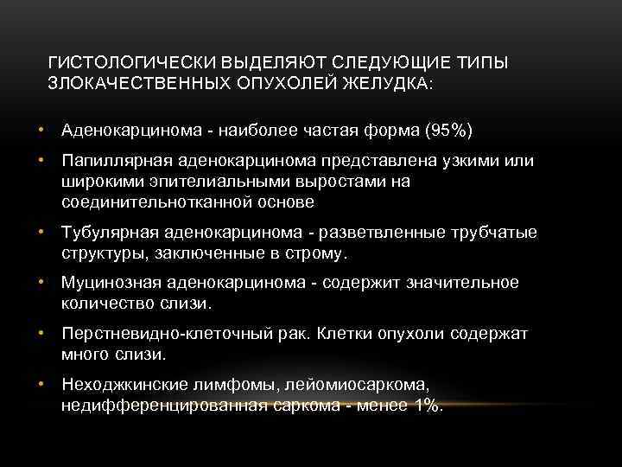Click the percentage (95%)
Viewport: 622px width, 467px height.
pos(449,131)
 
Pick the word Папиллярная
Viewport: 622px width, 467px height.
pos(111,163)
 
